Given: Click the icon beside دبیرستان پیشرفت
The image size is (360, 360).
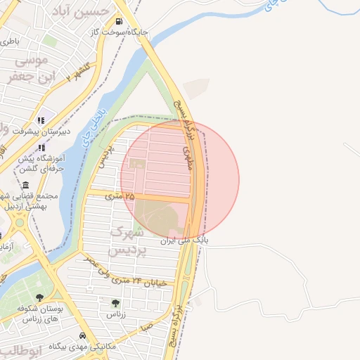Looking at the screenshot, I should (41, 120).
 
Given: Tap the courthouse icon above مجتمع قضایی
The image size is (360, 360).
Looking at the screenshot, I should (26, 184).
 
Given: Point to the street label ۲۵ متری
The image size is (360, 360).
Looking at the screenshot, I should (119, 196).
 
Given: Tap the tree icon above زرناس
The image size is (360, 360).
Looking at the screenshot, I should (115, 303).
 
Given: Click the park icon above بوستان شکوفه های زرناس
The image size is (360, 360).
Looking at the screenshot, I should (39, 297).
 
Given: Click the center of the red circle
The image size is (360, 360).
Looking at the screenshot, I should (180, 179).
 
